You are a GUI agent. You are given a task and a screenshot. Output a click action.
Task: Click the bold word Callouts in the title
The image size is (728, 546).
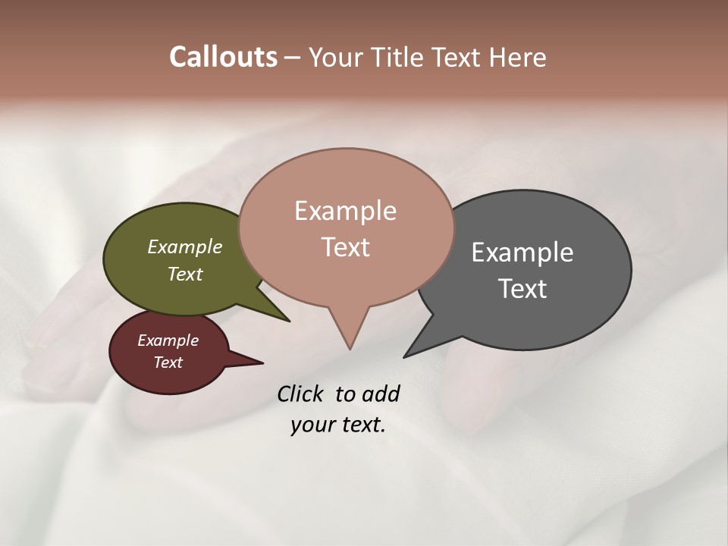pyautogui.click(x=223, y=57)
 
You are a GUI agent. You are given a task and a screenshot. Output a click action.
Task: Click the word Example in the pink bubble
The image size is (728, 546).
pyautogui.click(x=345, y=211)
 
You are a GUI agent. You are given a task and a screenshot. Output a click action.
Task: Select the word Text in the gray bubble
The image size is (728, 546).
pyautogui.click(x=522, y=289)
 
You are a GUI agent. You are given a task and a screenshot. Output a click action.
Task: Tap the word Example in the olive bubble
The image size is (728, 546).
pyautogui.click(x=185, y=247)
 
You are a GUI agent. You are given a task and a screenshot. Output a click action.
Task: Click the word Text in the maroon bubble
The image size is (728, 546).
pyautogui.click(x=168, y=362)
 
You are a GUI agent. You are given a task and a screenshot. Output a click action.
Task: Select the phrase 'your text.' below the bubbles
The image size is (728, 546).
pyautogui.click(x=337, y=425)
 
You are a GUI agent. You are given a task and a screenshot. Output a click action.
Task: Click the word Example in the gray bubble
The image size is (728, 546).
pyautogui.click(x=522, y=253)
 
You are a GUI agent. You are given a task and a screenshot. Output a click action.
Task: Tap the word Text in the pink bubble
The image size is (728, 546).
pyautogui.click(x=345, y=247)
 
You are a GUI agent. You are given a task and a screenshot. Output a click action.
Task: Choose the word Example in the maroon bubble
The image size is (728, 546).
pyautogui.click(x=168, y=341)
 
